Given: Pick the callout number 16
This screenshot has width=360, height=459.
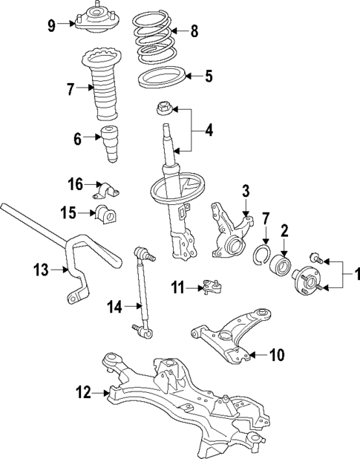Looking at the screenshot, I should pyautogui.click(x=76, y=183).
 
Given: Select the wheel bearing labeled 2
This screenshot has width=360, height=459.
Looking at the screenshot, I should pyautogui.click(x=282, y=264).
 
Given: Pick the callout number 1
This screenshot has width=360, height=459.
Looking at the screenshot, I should pyautogui.click(x=355, y=276).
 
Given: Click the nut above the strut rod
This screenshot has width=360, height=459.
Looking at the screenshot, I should pyautogui.click(x=162, y=110).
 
